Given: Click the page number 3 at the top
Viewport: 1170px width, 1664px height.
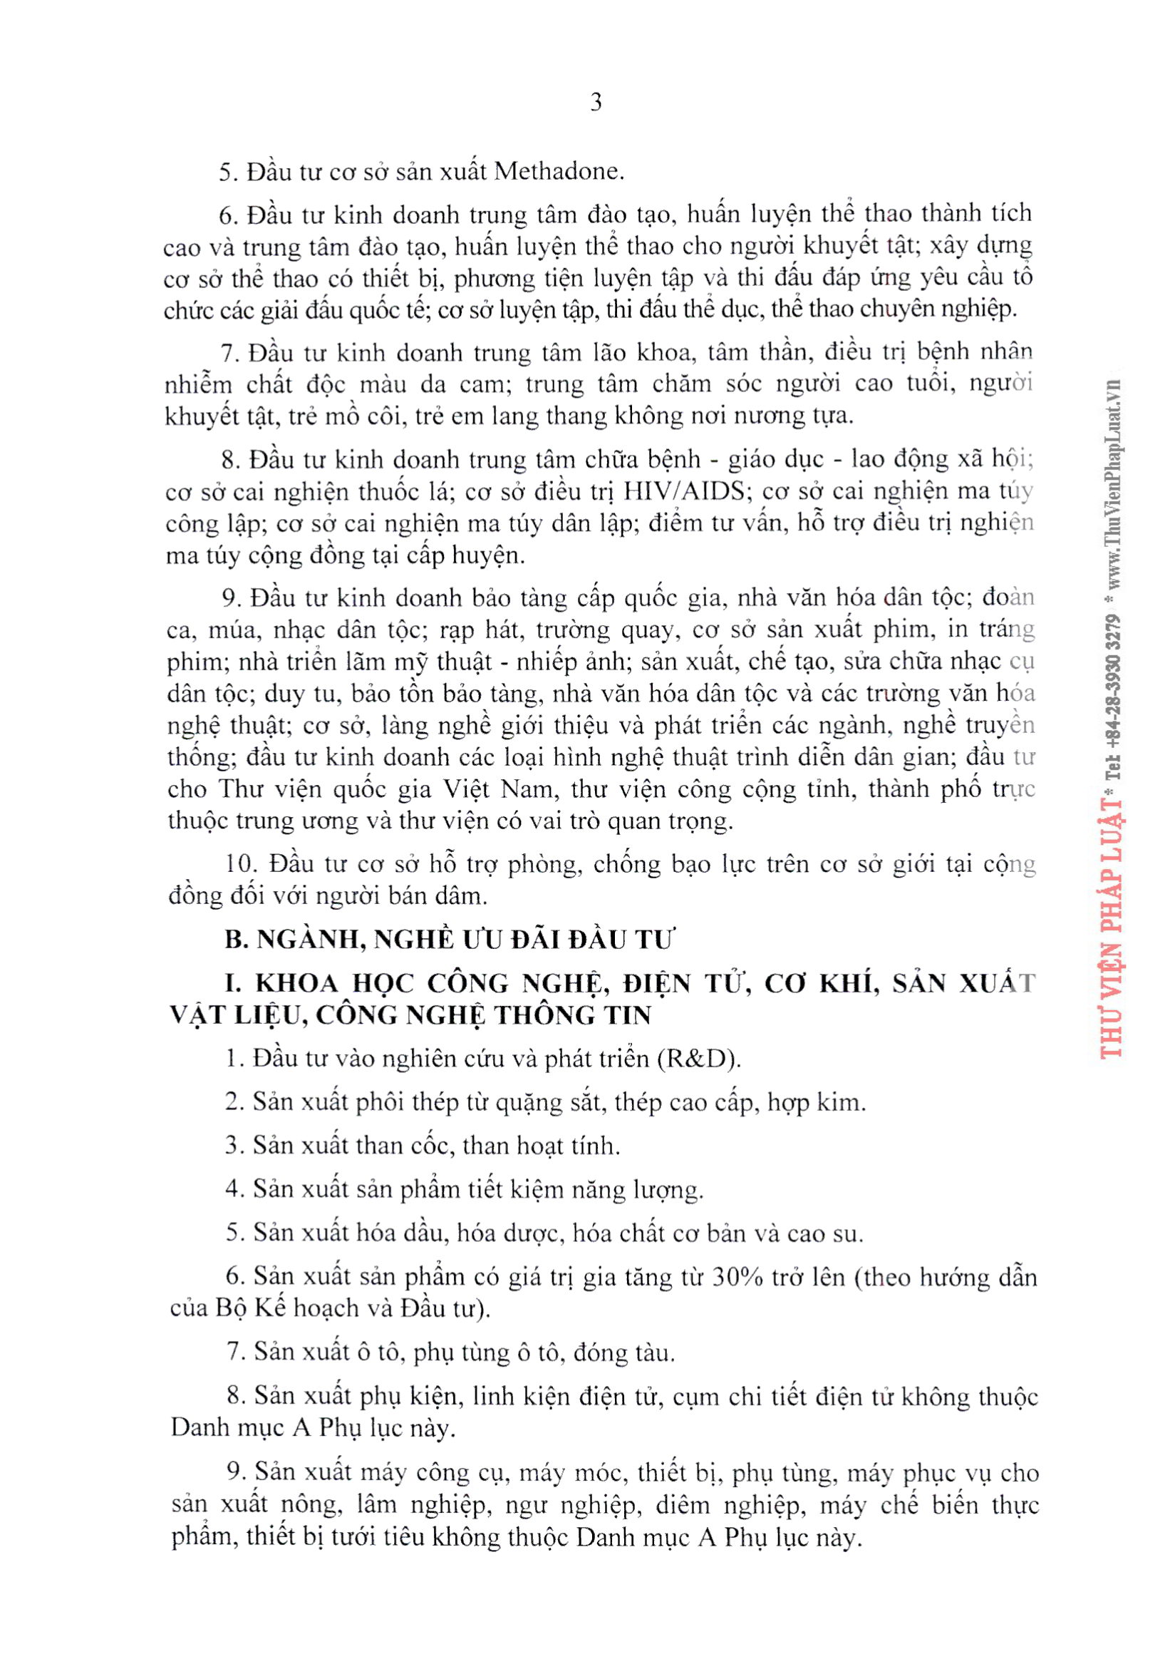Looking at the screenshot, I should [x=596, y=102].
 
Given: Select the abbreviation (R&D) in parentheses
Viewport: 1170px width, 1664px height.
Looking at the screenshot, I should [x=698, y=1059].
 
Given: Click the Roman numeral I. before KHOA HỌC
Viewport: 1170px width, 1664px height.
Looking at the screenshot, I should [x=233, y=982].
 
